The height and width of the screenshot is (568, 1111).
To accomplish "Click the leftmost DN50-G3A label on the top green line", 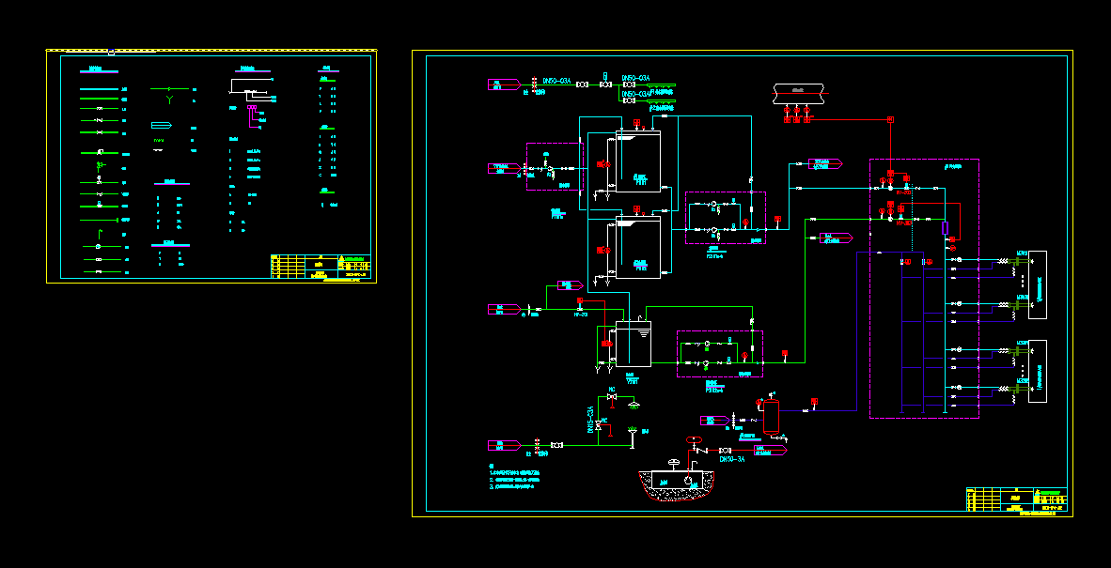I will (557, 82).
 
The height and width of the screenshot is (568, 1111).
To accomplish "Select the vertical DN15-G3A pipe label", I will (590, 419).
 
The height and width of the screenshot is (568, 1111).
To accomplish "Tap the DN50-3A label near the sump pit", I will (732, 459).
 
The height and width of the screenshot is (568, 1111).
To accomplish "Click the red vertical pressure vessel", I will (772, 418).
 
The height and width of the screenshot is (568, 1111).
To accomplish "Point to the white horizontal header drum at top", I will (797, 93).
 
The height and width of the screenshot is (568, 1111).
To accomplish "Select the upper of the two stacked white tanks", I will (638, 161).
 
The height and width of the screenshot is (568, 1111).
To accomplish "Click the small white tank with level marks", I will (633, 344).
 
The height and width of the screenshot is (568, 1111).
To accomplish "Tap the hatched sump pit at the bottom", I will (675, 484).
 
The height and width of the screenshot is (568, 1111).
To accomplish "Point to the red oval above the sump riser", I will (694, 439).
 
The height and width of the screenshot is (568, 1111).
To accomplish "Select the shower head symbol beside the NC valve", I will (634, 405).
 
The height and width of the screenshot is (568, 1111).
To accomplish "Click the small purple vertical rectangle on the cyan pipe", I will (945, 228).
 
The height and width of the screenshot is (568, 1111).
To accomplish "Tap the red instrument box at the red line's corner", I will (890, 119).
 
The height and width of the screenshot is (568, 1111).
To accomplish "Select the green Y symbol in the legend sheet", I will (169, 97).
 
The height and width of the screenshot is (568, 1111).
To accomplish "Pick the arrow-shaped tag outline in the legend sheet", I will (162, 126).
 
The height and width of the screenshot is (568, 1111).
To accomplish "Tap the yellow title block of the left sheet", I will (321, 267).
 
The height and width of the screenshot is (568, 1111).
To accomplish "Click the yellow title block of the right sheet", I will (1017, 499).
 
